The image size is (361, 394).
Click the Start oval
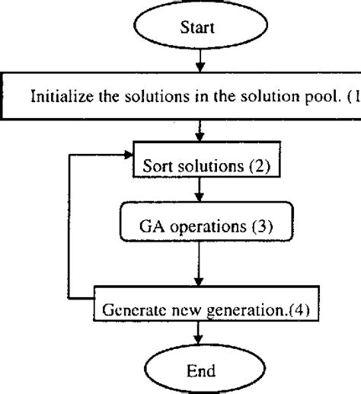point(199,28)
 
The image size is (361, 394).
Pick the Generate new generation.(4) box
point(200,311)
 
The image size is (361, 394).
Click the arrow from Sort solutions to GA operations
point(199,191)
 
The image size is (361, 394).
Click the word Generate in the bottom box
point(129,311)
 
